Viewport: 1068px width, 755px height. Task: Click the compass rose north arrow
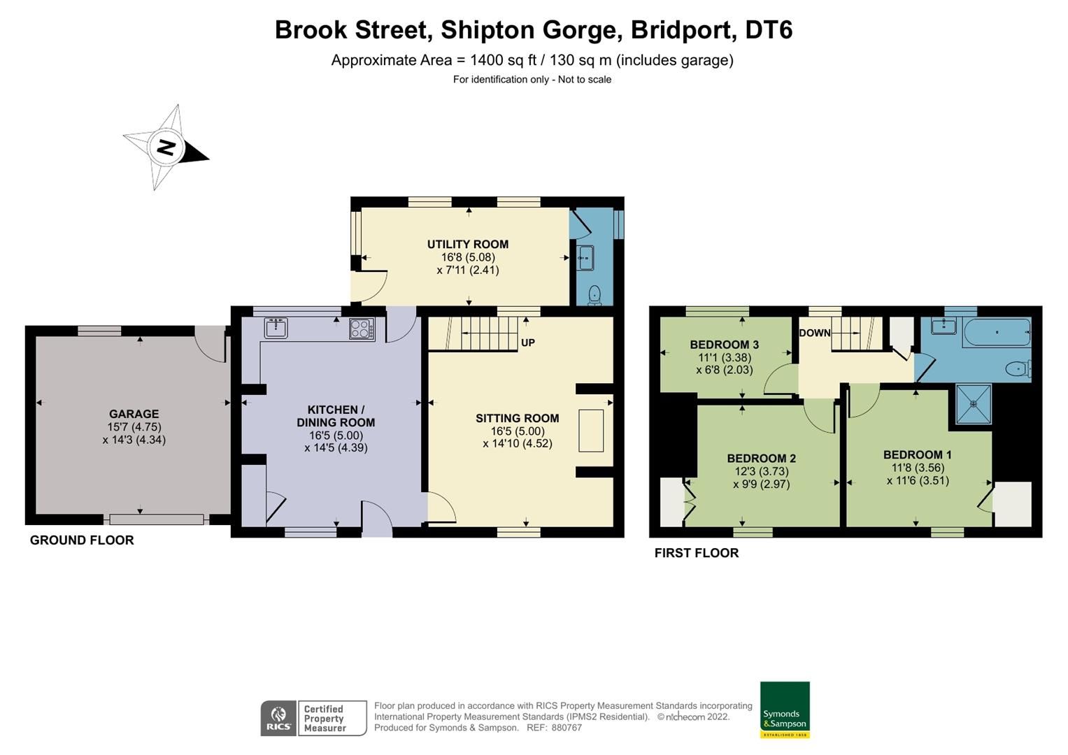tap(166, 148)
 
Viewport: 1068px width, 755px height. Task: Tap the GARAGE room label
tap(134, 414)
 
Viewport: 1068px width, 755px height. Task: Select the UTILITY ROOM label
tap(468, 244)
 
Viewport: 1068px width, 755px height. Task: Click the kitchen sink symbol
tap(276, 328)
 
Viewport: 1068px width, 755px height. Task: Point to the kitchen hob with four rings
tap(362, 329)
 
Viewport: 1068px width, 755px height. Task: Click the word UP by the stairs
tap(528, 343)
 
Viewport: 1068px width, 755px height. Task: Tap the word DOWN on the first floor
tap(815, 333)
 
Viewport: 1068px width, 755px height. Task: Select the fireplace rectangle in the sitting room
tap(591, 431)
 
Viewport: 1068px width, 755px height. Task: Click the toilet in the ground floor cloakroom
tap(595, 295)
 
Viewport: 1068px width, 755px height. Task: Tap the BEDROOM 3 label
tap(724, 345)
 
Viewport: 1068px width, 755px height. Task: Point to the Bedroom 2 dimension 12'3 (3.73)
tap(761, 471)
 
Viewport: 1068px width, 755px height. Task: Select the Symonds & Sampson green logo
tap(785, 710)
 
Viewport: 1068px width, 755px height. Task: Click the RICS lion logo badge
tap(278, 718)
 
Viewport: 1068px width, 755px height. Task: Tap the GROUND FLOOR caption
tap(82, 540)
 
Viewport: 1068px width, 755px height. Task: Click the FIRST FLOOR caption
tap(697, 553)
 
